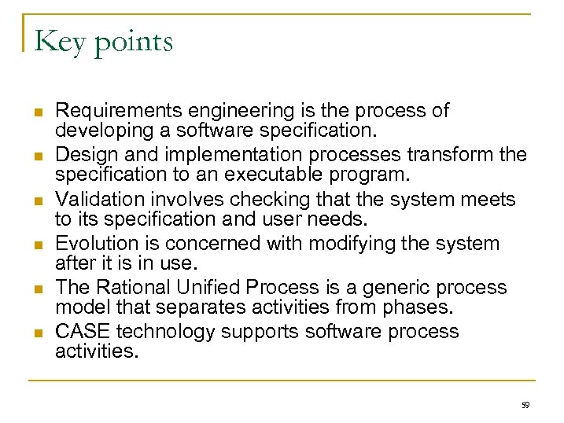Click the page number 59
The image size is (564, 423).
525,404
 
